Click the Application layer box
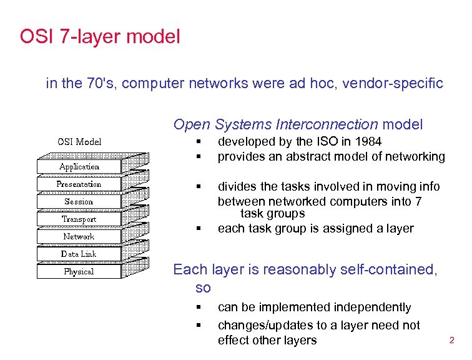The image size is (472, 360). (x=79, y=167)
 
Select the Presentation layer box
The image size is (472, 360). (x=79, y=184)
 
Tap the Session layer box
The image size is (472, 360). (x=79, y=202)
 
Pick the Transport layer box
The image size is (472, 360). (x=79, y=219)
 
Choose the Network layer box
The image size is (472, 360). (x=79, y=237)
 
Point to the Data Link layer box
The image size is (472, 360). (x=79, y=254)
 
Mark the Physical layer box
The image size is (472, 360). (x=79, y=272)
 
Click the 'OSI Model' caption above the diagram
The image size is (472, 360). (x=79, y=141)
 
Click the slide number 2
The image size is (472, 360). (x=452, y=341)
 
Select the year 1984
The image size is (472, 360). (x=368, y=142)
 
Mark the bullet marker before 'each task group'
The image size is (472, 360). (x=198, y=229)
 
